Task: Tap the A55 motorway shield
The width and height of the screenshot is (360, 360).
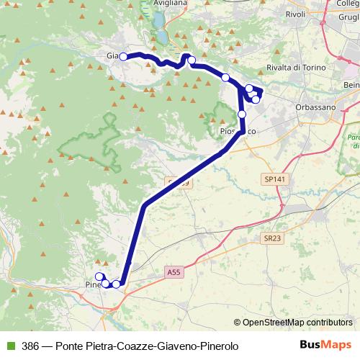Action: [x=174, y=273]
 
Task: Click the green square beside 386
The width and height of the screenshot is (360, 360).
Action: [x=9, y=346]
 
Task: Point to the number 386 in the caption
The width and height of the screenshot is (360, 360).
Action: [x=30, y=346]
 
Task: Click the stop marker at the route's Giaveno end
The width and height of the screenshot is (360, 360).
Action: [x=123, y=56]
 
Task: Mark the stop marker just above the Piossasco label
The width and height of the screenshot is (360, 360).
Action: [x=242, y=114]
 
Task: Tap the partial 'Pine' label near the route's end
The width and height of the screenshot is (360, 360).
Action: [x=93, y=283]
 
